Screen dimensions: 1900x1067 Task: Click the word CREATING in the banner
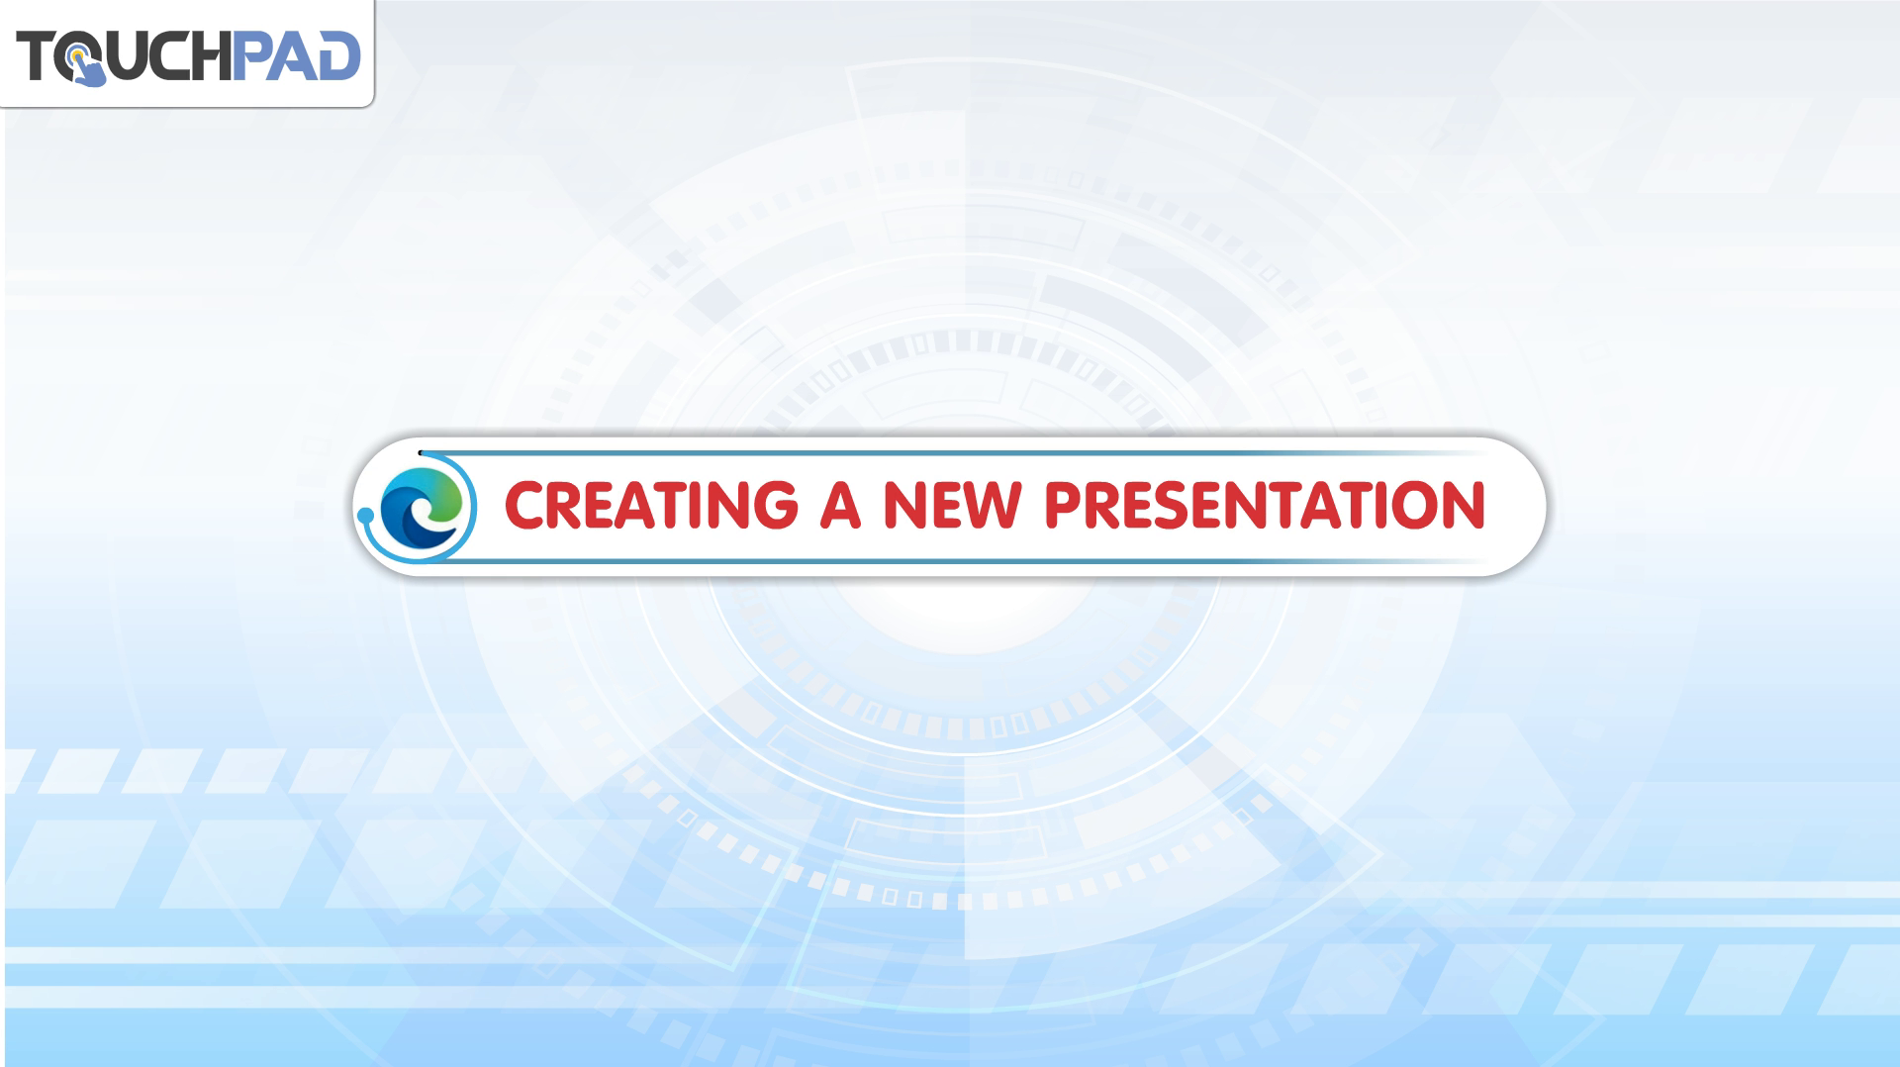click(651, 505)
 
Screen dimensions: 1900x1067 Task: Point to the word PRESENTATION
click(1266, 505)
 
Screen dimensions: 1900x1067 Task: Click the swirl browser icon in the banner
click(422, 506)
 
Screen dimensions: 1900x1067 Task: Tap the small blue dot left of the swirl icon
click(365, 515)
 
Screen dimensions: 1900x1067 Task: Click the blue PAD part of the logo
click(296, 55)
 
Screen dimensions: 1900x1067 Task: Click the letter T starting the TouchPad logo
click(36, 55)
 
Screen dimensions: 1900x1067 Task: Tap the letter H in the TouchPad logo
click(211, 55)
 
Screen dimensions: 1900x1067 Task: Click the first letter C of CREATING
click(524, 505)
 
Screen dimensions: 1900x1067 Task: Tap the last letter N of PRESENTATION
click(1465, 505)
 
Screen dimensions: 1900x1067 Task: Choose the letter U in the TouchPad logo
click(129, 56)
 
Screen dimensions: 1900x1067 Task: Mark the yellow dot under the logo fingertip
click(78, 53)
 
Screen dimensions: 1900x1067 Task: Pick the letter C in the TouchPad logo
click(169, 55)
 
